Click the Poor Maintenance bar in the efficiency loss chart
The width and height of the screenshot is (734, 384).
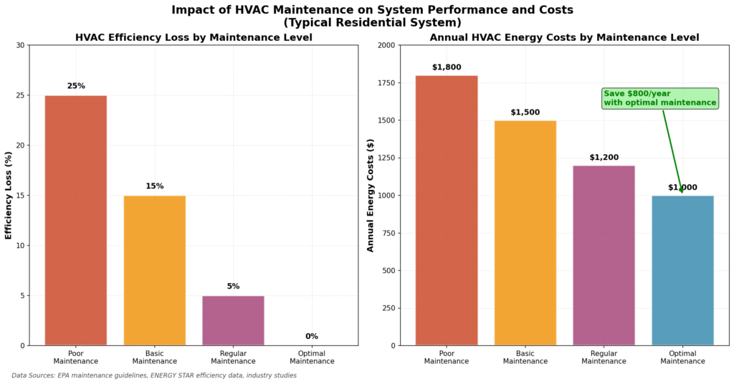point(75,220)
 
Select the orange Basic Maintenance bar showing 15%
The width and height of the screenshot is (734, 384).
point(154,270)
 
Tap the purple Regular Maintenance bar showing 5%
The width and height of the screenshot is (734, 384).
point(233,320)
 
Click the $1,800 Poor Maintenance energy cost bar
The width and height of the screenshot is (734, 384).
point(446,210)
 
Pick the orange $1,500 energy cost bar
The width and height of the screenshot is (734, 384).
point(525,233)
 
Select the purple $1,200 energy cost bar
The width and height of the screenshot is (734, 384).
point(604,255)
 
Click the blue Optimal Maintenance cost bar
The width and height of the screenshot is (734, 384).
point(682,270)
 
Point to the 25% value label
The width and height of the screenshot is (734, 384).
point(76,86)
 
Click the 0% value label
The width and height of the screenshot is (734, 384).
point(312,336)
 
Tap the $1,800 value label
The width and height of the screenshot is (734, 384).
point(446,67)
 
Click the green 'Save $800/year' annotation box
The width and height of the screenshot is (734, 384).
point(659,98)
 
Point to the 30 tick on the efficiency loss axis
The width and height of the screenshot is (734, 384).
point(20,45)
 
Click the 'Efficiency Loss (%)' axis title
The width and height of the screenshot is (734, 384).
point(9,195)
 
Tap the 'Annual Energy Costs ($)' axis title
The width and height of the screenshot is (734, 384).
point(371,195)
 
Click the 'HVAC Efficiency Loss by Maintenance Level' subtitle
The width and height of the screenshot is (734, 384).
point(194,37)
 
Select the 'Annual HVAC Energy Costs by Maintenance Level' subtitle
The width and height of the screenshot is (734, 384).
point(564,37)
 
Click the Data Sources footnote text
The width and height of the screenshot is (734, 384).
point(154,375)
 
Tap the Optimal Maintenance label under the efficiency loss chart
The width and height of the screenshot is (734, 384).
point(312,357)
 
